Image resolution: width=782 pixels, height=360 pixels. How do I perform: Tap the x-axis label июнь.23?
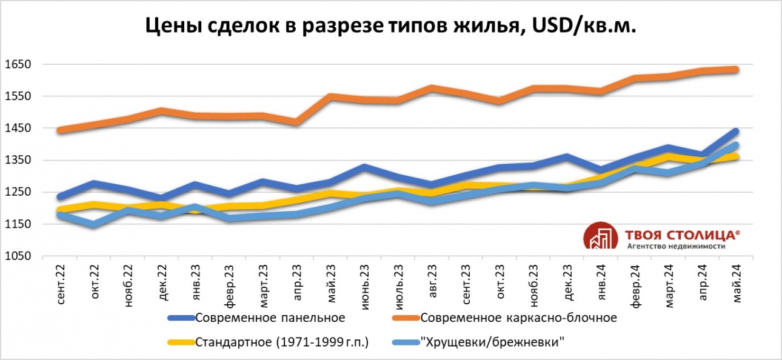[364, 284]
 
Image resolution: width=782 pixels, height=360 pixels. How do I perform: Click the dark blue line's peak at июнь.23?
[364, 167]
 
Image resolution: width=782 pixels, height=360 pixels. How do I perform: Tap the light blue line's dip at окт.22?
[94, 225]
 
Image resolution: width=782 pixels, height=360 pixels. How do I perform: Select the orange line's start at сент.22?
[60, 130]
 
